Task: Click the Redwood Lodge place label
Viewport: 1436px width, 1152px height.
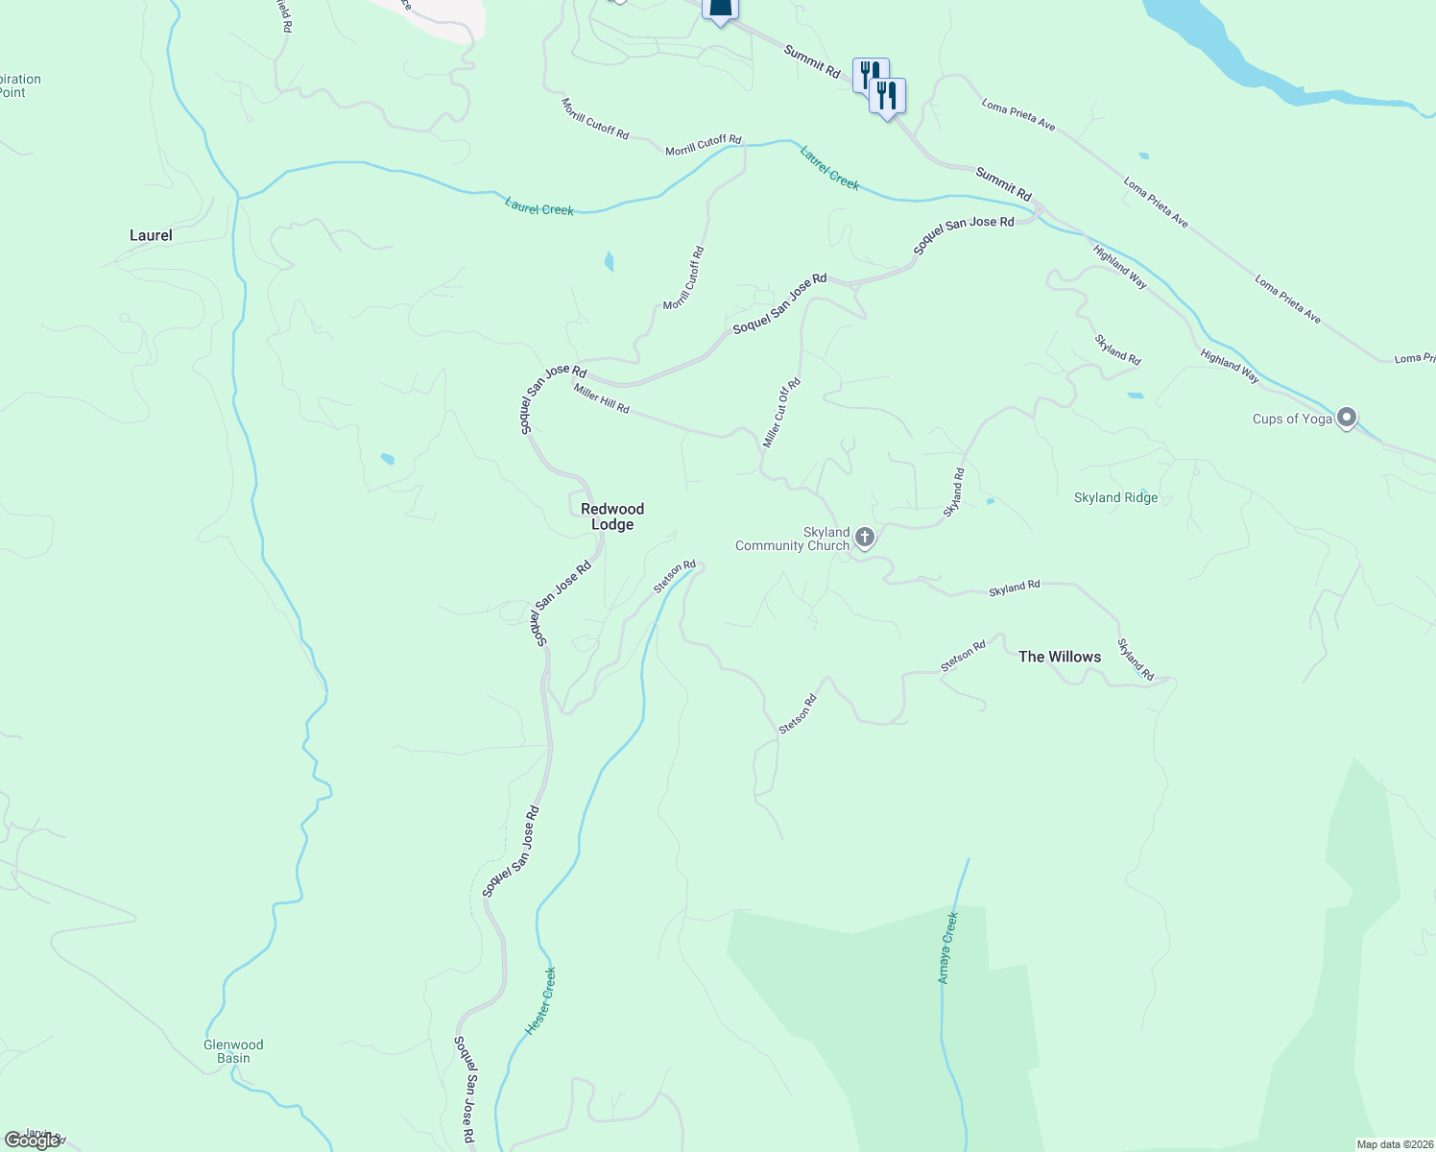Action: click(x=612, y=516)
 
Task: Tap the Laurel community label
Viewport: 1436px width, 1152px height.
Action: click(x=151, y=235)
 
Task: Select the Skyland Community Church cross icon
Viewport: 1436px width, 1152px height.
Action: click(x=865, y=538)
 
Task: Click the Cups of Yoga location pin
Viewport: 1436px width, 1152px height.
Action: click(x=1347, y=418)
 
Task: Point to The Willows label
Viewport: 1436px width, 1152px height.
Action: click(x=1060, y=657)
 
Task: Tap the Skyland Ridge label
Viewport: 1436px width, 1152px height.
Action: click(x=1115, y=497)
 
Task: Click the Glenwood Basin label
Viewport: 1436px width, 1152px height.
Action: click(x=233, y=1051)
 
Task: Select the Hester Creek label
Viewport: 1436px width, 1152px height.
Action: click(x=540, y=1000)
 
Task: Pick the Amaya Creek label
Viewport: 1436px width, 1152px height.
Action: click(x=947, y=948)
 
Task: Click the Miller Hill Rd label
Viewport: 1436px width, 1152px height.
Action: click(x=602, y=398)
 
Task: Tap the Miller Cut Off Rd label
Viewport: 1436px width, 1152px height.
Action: click(x=781, y=413)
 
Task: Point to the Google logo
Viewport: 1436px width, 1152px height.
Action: click(x=32, y=1140)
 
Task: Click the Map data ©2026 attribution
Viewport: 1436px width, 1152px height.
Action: click(x=1394, y=1144)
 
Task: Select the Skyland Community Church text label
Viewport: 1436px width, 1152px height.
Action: click(x=793, y=539)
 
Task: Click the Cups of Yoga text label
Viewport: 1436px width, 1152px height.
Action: click(x=1292, y=419)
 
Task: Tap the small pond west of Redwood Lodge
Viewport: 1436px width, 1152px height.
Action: click(x=387, y=459)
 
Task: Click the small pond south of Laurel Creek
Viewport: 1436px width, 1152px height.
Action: click(x=609, y=261)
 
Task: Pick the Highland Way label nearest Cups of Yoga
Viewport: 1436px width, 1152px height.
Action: click(x=1230, y=367)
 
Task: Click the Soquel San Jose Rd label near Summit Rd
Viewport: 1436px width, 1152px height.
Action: click(x=963, y=235)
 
